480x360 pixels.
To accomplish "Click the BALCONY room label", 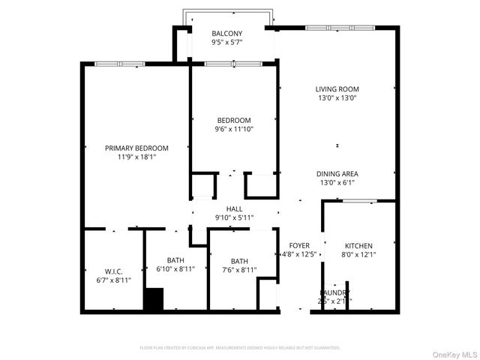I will tap(226, 34).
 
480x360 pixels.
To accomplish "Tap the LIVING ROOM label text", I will tap(336, 88).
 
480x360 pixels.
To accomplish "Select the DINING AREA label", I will tap(336, 173).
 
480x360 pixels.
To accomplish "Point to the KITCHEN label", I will tap(358, 246).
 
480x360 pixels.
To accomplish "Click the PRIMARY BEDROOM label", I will tap(136, 148).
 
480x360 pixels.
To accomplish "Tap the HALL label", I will tap(235, 208).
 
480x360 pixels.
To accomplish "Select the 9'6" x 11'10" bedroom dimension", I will tap(234, 129).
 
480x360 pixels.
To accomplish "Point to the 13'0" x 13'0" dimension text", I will tap(336, 97).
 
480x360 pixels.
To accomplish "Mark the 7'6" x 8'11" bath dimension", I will tap(239, 270).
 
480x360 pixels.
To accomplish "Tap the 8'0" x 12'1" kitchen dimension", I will tap(358, 255).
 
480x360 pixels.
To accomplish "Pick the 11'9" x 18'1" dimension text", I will tap(136, 157).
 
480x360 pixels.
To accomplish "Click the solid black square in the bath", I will tap(154, 299).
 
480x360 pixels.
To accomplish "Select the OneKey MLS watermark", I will tap(454, 353).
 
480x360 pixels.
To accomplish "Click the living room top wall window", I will tap(339, 28).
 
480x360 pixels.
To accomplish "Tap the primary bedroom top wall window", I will tap(119, 64).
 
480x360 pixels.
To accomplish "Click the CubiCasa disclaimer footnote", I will tap(240, 348).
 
